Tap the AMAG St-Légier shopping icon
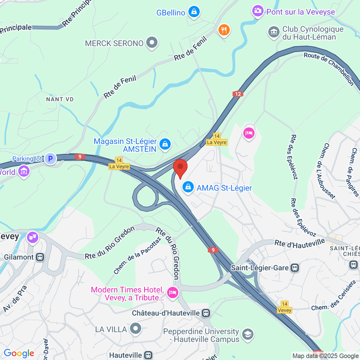(188, 187)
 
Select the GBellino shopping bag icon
(194, 12)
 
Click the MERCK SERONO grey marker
(152, 43)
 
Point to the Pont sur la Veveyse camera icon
(258, 11)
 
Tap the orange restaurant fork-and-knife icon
(224, 30)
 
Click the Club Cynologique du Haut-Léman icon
(274, 32)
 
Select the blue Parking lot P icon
(50, 158)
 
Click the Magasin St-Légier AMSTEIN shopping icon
(165, 144)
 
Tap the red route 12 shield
(238, 94)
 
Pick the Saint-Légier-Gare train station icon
(295, 268)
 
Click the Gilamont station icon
(40, 257)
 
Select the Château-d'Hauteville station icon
(206, 313)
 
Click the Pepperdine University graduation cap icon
(248, 334)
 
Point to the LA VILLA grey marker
(136, 328)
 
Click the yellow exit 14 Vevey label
(284, 307)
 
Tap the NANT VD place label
(60, 99)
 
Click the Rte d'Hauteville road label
(299, 243)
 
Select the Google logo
(19, 353)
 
